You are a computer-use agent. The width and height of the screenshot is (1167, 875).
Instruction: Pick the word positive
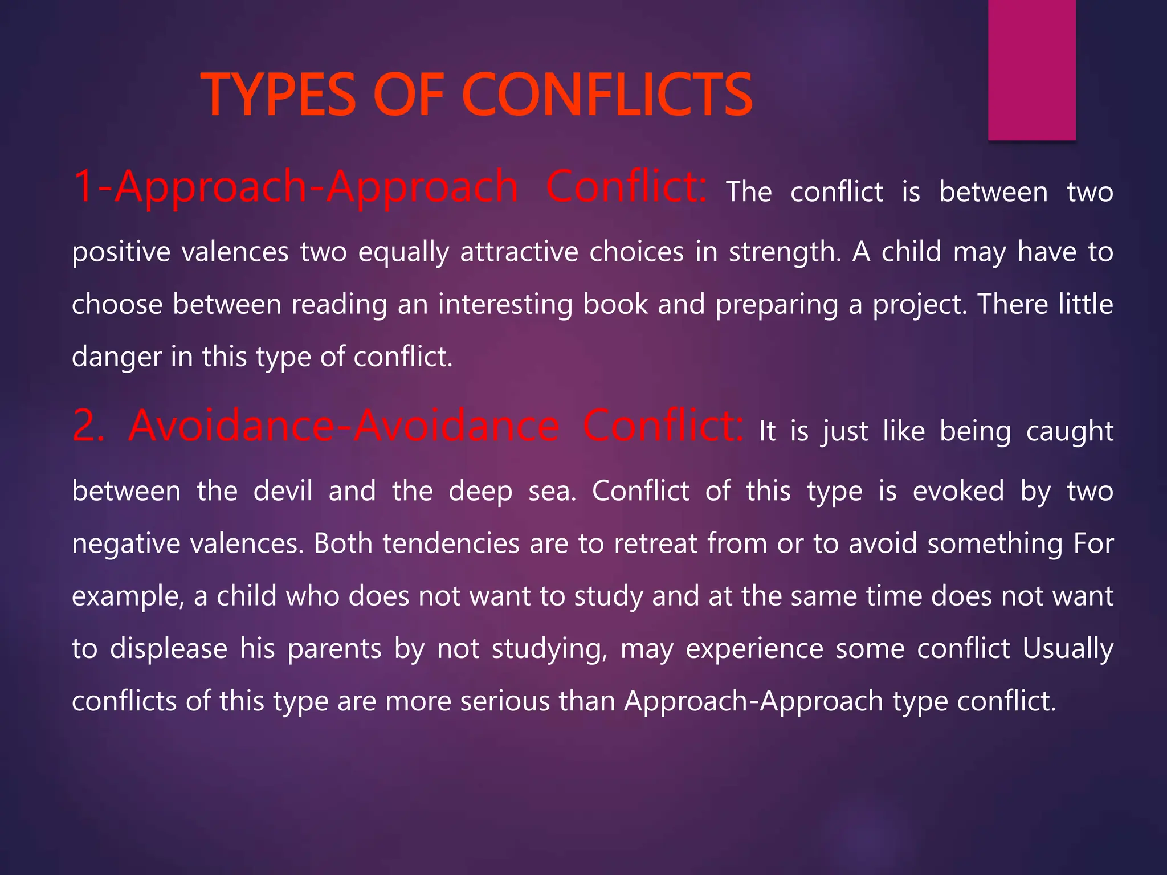(121, 252)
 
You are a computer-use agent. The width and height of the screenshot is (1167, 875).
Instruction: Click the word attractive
(519, 252)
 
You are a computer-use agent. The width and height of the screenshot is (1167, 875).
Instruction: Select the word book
(615, 304)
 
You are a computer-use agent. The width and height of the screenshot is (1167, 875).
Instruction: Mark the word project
(920, 305)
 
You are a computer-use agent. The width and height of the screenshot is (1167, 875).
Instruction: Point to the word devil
(283, 490)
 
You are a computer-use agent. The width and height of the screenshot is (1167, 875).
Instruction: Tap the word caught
(1070, 432)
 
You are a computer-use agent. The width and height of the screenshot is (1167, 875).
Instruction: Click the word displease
(168, 649)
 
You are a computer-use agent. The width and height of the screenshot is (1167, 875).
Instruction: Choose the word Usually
(1068, 649)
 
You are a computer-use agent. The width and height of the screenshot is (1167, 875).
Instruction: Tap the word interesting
(505, 305)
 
